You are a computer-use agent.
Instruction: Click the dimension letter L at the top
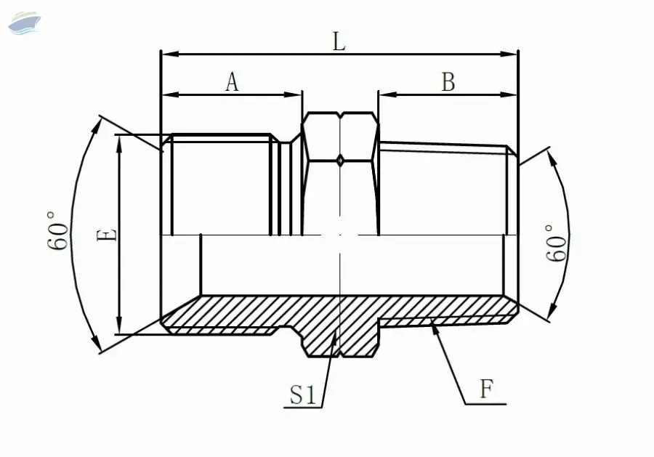(x=339, y=41)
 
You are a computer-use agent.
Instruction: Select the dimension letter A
(x=233, y=81)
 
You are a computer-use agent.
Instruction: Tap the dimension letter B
(x=448, y=81)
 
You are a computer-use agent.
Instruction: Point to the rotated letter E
(x=107, y=235)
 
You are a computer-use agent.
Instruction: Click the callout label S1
(x=303, y=395)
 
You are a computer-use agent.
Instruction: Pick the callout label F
(x=486, y=389)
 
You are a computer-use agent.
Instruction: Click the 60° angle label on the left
(x=58, y=230)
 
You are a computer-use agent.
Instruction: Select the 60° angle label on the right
(x=557, y=243)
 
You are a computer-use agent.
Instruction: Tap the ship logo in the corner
(x=25, y=23)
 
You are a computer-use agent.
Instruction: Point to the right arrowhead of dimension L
(x=509, y=54)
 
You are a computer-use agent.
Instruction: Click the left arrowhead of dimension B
(x=387, y=94)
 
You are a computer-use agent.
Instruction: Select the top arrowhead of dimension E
(x=119, y=145)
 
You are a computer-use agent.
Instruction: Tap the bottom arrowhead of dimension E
(x=119, y=325)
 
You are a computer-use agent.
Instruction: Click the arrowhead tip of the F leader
(x=431, y=320)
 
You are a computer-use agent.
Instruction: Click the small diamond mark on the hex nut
(x=340, y=160)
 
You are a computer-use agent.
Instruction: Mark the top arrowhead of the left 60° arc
(x=97, y=126)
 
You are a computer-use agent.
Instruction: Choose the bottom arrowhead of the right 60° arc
(x=553, y=309)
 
